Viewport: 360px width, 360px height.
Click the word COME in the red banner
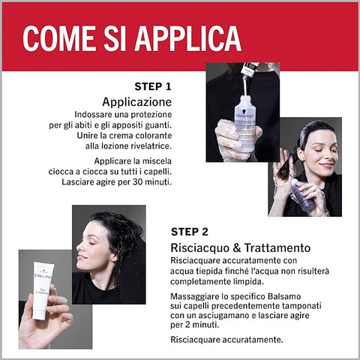59,38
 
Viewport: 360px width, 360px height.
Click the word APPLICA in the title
188,38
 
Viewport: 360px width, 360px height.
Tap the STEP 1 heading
153,86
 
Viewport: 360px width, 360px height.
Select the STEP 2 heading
190,232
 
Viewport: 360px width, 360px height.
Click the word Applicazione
137,102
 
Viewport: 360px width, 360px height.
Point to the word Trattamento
277,247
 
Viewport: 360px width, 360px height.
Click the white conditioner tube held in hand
41,290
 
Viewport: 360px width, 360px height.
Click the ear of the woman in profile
114,258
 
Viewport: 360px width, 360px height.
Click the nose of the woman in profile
79,247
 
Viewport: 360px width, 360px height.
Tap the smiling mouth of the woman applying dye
325,165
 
